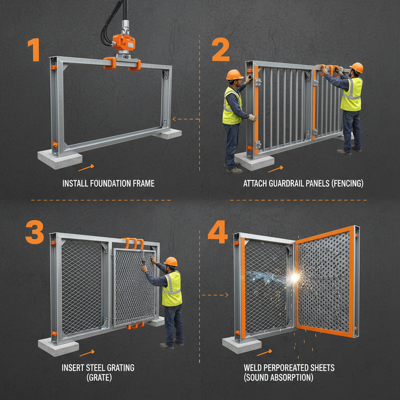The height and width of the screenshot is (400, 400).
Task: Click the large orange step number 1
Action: tap(34, 50)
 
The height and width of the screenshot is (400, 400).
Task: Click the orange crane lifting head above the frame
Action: tap(123, 41)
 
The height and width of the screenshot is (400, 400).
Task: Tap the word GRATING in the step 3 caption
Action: tap(118, 368)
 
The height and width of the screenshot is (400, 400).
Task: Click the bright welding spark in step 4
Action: tap(294, 277)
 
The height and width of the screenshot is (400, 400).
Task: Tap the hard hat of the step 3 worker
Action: tap(171, 261)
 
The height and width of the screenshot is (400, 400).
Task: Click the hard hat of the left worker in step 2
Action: tap(234, 74)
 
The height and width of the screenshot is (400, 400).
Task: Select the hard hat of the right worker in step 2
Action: tap(357, 67)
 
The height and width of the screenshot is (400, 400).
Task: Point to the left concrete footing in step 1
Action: tap(60, 159)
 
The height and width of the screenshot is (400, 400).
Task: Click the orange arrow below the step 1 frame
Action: tap(86, 168)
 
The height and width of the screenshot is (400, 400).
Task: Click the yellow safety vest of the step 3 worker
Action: tap(172, 288)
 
